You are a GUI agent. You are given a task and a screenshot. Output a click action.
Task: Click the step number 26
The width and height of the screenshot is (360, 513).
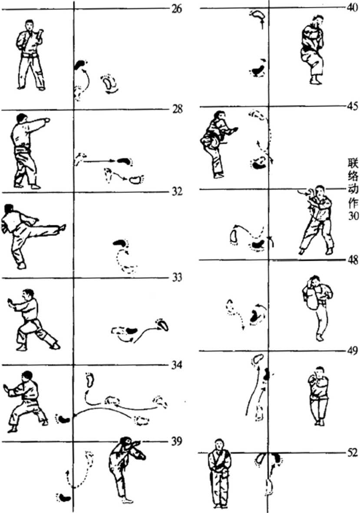point(176,9)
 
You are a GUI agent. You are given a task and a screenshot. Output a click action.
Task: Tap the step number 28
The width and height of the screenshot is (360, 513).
point(177,109)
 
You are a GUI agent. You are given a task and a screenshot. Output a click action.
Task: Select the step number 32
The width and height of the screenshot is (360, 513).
point(177,191)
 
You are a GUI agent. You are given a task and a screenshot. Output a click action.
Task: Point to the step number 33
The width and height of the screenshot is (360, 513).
point(177,278)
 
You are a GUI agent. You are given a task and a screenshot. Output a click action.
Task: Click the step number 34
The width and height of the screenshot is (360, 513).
point(177,365)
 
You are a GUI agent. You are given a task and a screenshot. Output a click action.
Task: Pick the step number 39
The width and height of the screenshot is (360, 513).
point(177,441)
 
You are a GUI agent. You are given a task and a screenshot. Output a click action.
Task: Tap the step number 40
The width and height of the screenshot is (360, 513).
point(352,7)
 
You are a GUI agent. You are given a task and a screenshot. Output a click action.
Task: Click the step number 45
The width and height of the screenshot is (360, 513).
point(353,106)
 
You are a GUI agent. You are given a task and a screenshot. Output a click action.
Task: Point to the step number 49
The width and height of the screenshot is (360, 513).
point(353,351)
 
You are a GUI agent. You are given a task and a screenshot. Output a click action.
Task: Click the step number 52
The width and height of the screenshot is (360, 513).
point(353,453)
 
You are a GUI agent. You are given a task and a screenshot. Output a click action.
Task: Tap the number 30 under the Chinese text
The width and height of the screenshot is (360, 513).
point(353,216)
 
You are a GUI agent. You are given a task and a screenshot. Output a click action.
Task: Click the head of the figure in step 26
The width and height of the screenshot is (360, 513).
point(30,25)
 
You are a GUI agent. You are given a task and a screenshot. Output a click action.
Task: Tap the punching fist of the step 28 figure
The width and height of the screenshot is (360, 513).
point(48,120)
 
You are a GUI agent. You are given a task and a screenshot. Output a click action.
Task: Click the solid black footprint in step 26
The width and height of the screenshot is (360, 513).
point(79,65)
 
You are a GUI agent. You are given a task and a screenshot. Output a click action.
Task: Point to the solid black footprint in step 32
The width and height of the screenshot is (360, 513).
point(120,243)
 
